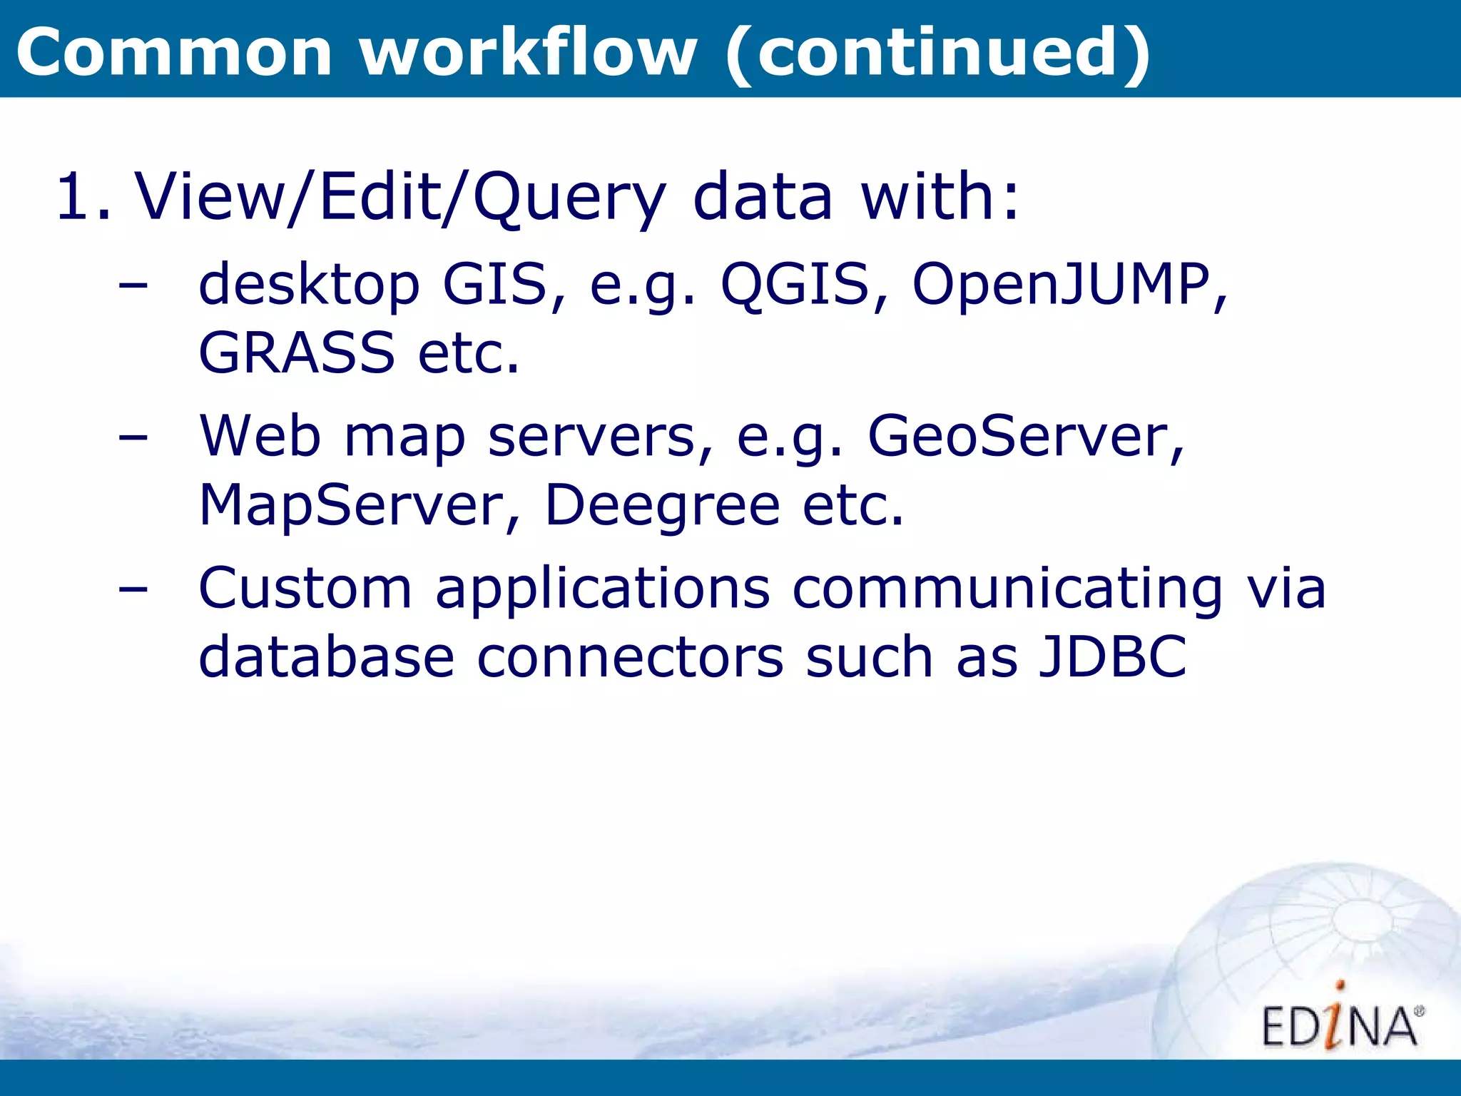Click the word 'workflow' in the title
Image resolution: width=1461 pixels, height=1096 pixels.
[x=528, y=51]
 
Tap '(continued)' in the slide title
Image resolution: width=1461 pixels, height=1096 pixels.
[x=937, y=53]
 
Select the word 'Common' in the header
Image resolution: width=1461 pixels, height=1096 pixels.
[x=174, y=53]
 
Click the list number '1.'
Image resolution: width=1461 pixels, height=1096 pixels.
[x=84, y=196]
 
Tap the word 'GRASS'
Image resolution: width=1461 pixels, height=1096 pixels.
[x=296, y=352]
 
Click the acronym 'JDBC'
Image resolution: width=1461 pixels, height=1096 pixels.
[x=1111, y=656]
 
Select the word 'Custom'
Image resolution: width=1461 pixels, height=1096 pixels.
[x=305, y=589]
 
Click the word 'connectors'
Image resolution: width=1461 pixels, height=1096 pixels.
[x=630, y=656]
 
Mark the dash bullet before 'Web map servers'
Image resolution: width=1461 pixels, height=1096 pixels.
[x=133, y=437]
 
